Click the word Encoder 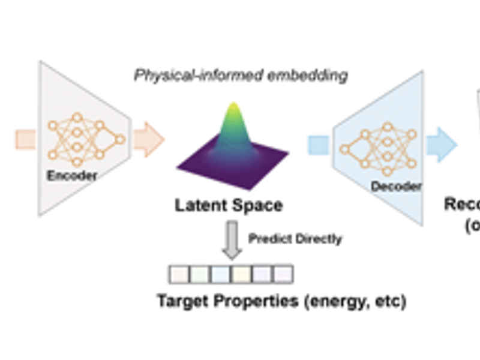pyautogui.click(x=73, y=176)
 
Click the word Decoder pyautogui.click(x=396, y=187)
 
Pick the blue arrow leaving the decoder pyautogui.click(x=442, y=145)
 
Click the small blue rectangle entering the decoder pyautogui.click(x=319, y=145)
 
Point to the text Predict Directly pyautogui.click(x=295, y=239)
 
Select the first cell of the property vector pyautogui.click(x=179, y=274)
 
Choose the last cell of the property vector pyautogui.click(x=283, y=274)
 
